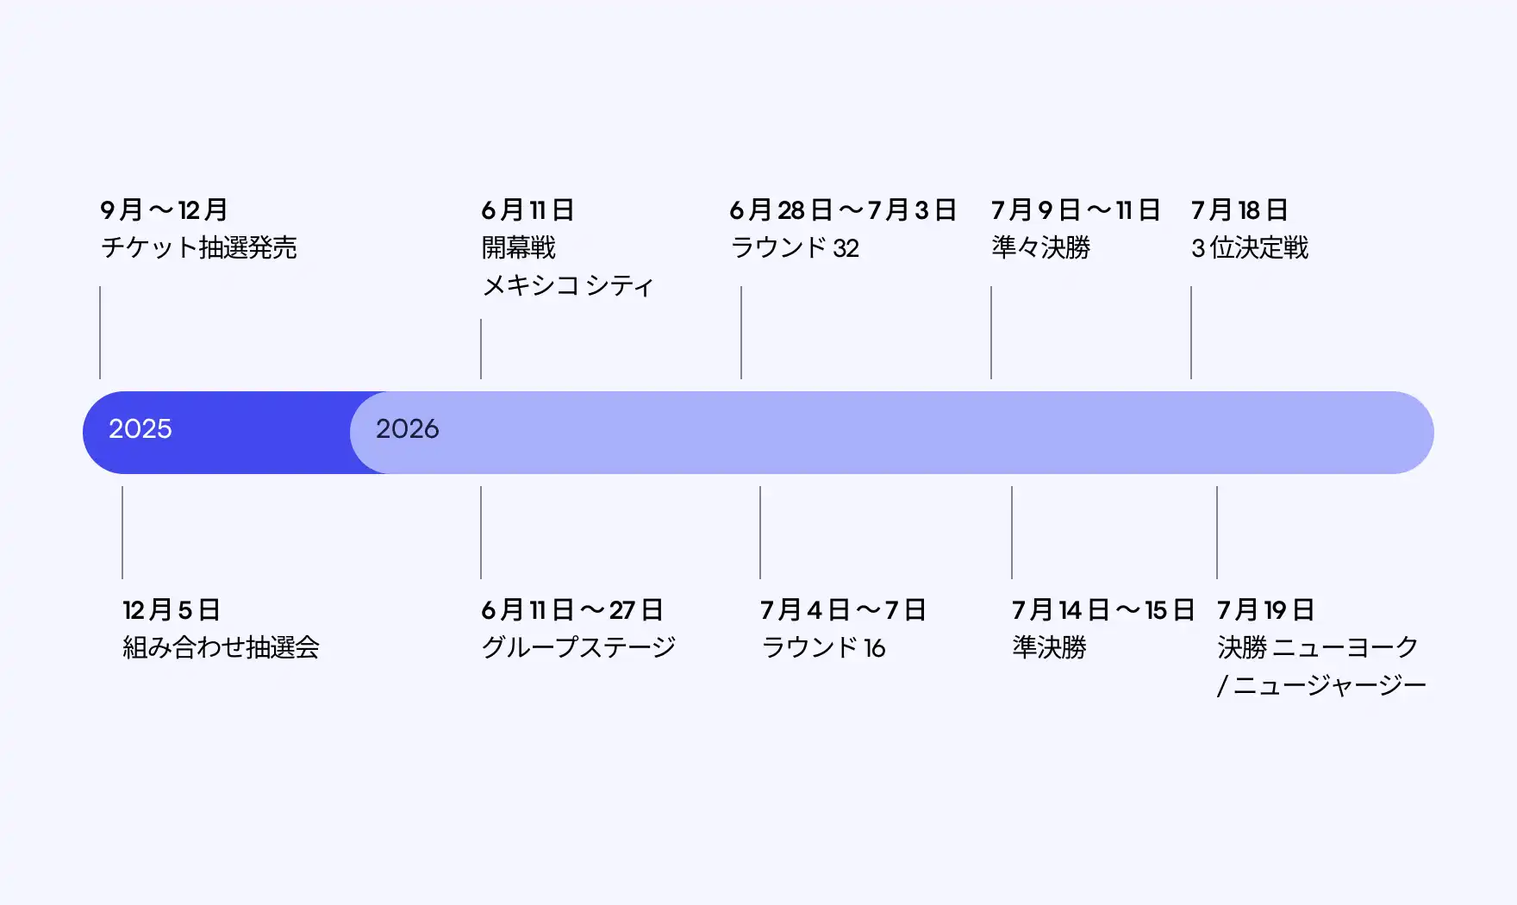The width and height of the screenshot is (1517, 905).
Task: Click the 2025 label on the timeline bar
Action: pyautogui.click(x=140, y=428)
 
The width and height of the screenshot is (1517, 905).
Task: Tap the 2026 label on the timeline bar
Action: pyautogui.click(x=407, y=428)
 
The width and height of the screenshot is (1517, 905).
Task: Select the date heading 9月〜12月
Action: pyautogui.click(x=164, y=209)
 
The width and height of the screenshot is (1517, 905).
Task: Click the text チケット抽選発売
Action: pyautogui.click(x=199, y=247)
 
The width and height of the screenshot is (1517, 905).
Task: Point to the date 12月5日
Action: pyautogui.click(x=172, y=609)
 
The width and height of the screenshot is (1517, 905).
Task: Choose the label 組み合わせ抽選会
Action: pyautogui.click(x=221, y=647)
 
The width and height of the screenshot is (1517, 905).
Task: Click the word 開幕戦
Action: pyautogui.click(x=518, y=247)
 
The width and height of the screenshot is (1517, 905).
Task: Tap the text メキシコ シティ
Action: pyautogui.click(x=567, y=285)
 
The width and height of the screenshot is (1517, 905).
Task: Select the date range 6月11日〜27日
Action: pyautogui.click(x=572, y=609)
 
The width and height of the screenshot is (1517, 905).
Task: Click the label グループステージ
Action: pyautogui.click(x=578, y=647)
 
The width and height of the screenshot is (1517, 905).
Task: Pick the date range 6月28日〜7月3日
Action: pyautogui.click(x=843, y=209)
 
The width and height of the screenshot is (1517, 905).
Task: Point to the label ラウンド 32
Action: pyautogui.click(x=795, y=247)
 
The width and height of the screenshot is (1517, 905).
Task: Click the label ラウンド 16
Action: pyautogui.click(x=823, y=647)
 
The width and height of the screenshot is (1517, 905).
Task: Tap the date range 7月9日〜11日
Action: pyautogui.click(x=1076, y=209)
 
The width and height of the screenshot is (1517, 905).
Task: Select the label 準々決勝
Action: pyautogui.click(x=1040, y=247)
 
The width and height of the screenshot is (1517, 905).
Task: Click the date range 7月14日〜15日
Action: pyautogui.click(x=1103, y=609)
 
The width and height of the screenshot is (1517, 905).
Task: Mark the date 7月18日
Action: pyautogui.click(x=1239, y=209)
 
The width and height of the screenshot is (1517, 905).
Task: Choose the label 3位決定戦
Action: pyautogui.click(x=1250, y=247)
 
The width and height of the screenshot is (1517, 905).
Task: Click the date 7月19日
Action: pyautogui.click(x=1265, y=609)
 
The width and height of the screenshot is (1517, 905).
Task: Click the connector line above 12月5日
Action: pyautogui.click(x=122, y=532)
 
